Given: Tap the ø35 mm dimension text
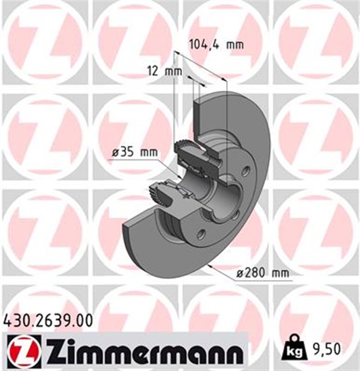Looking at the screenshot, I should (134, 152).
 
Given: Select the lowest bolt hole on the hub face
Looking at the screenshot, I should (201, 234).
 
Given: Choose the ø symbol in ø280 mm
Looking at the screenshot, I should (242, 272).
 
